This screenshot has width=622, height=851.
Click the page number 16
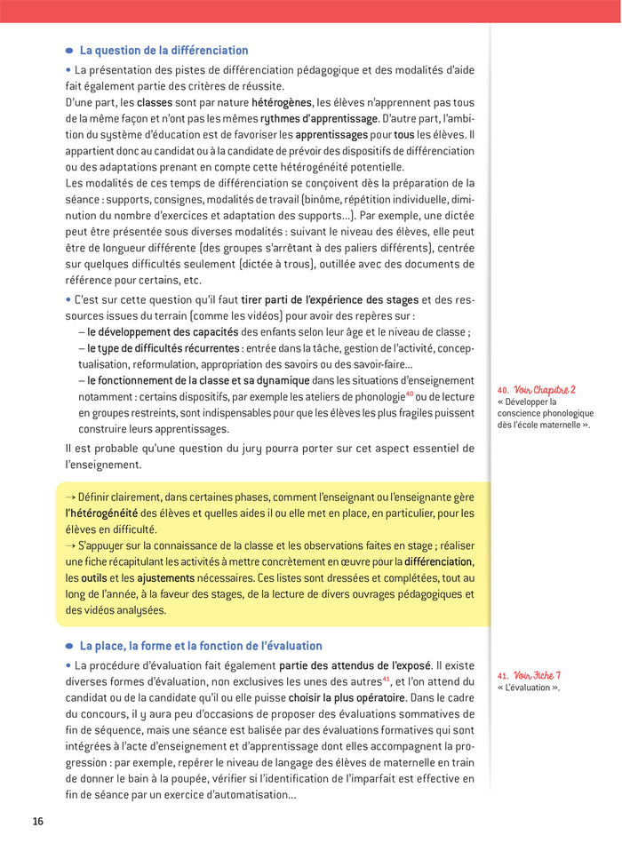tap(37, 821)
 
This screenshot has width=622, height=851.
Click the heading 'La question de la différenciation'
tap(163, 51)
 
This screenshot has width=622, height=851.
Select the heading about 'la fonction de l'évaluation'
tap(201, 646)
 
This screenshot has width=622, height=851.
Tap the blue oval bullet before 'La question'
tap(69, 52)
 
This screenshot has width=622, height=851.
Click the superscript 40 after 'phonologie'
tap(410, 394)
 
